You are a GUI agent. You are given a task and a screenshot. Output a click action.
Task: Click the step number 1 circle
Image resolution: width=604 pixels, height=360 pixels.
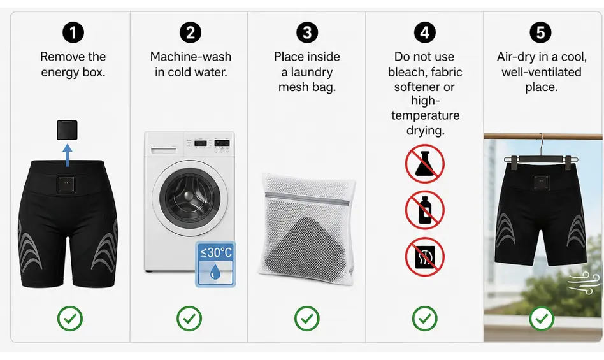click(73, 32)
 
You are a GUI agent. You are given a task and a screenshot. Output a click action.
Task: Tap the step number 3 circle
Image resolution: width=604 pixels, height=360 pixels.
click(307, 32)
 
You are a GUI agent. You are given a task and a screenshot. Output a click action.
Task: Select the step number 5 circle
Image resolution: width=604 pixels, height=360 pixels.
click(540, 32)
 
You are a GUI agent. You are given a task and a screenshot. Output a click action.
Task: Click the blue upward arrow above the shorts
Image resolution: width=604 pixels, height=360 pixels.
click(68, 155)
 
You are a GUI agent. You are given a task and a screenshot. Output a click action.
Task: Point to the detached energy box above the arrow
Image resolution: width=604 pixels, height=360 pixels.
click(68, 130)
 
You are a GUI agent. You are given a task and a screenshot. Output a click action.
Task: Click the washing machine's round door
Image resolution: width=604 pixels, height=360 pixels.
click(190, 196)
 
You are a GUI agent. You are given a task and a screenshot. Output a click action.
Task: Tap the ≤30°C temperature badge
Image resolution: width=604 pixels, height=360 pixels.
click(215, 264)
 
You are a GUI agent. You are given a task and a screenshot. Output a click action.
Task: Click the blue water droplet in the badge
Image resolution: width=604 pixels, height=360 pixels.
click(215, 273)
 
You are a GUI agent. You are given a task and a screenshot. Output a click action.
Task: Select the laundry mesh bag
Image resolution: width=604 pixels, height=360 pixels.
click(306, 229)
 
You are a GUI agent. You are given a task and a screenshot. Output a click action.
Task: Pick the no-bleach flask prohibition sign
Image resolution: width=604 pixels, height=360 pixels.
click(424, 164)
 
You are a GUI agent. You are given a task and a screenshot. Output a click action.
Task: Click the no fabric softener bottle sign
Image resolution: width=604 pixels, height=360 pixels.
click(424, 210)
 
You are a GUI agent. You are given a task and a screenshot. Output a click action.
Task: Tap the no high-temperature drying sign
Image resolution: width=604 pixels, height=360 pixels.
click(424, 257)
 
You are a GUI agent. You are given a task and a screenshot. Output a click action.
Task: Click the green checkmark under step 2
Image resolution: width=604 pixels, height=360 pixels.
click(189, 319)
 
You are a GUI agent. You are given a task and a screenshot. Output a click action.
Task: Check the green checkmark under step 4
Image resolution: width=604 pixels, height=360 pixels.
click(424, 319)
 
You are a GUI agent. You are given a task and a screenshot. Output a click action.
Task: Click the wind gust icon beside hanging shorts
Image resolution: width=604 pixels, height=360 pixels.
click(584, 283)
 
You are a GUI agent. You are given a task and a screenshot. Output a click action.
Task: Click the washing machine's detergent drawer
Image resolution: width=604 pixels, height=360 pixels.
click(164, 149)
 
